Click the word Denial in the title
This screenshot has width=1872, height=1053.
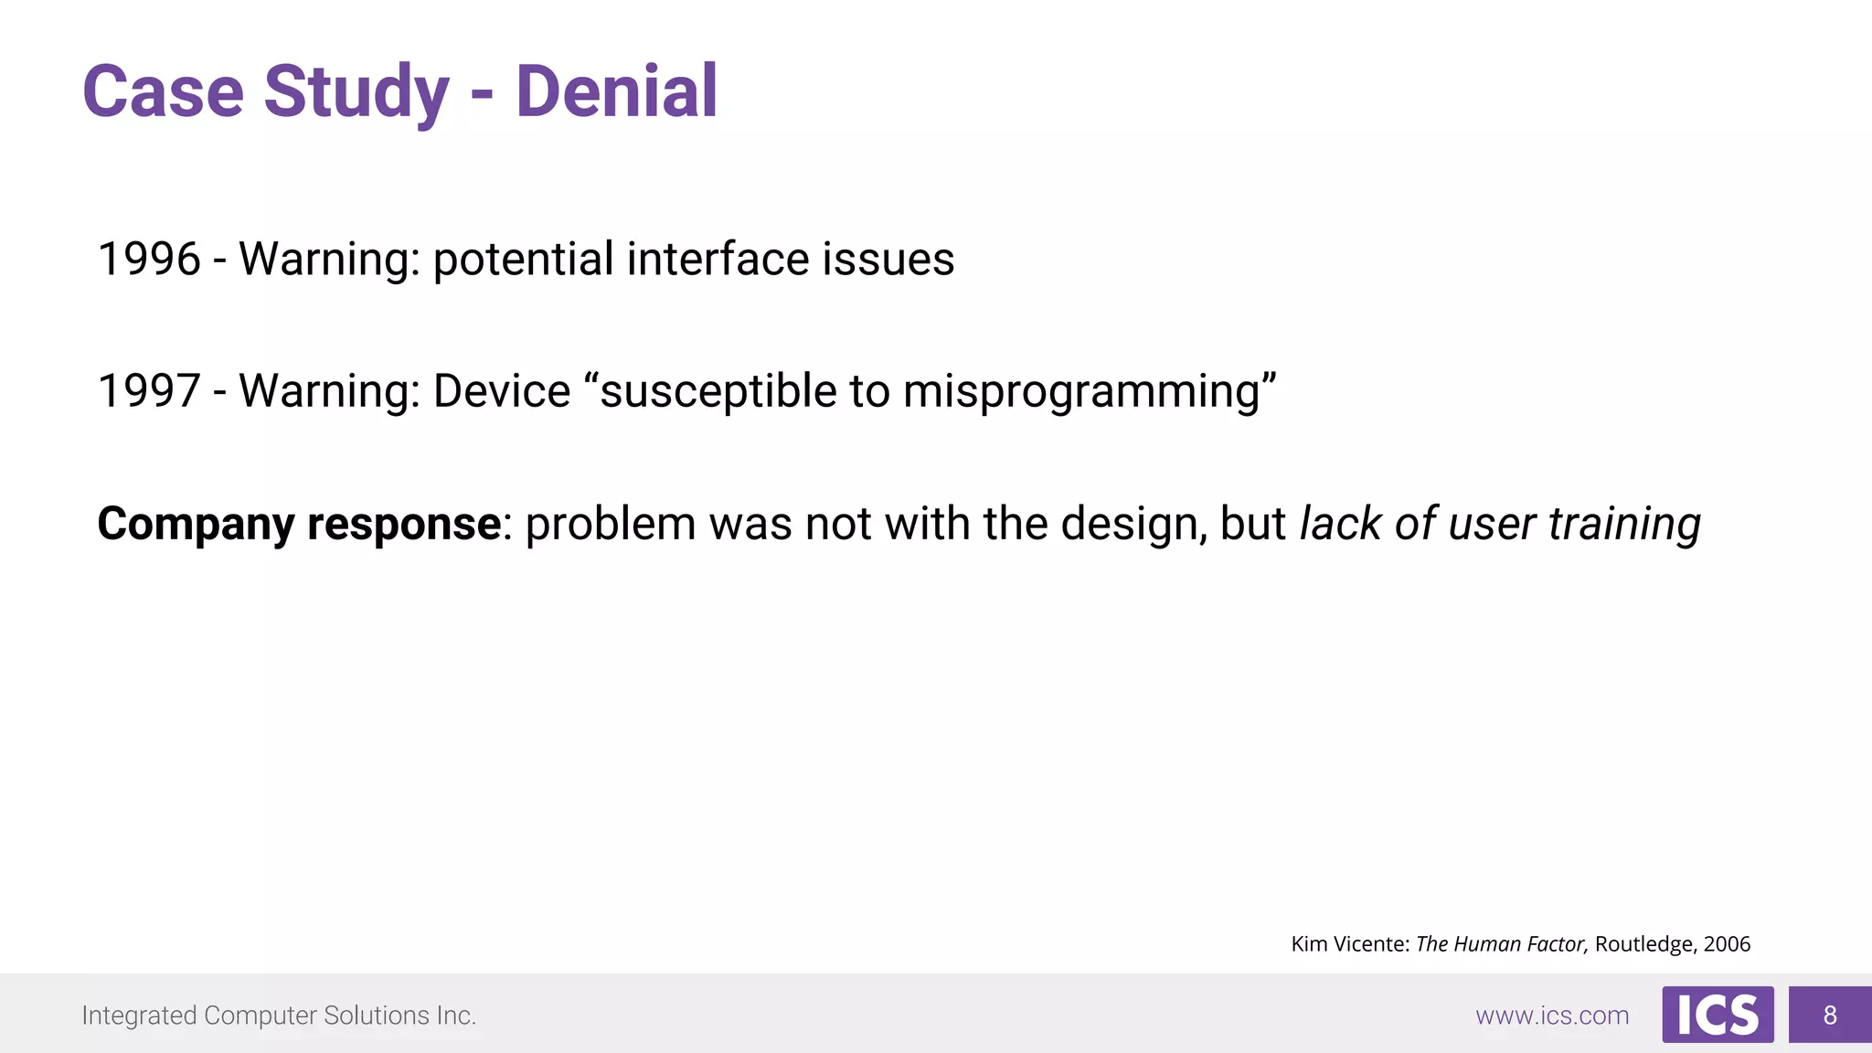(x=616, y=91)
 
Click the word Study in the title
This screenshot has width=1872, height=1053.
(x=356, y=91)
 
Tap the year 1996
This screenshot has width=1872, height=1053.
(x=149, y=259)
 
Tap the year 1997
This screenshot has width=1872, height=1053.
(x=149, y=391)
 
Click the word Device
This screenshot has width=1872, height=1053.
(x=502, y=391)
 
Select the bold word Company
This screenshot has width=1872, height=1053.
(x=196, y=525)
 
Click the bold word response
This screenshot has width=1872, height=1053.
(x=403, y=525)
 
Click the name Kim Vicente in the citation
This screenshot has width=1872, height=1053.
(x=1349, y=944)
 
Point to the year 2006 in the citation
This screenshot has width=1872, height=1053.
(x=1727, y=944)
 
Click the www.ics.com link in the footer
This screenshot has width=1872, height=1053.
(x=1552, y=1016)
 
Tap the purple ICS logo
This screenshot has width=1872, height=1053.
(x=1718, y=1015)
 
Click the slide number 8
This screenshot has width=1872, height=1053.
(x=1830, y=1015)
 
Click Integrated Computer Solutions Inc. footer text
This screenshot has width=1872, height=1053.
(x=279, y=1016)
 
